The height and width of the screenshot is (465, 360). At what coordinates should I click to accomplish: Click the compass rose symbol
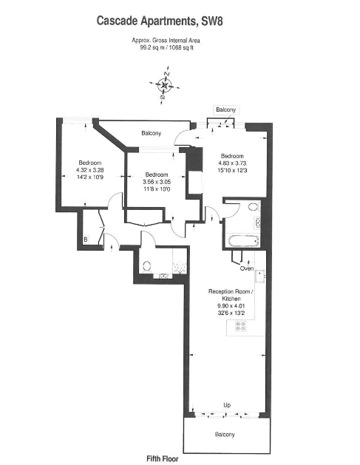coord(165,85)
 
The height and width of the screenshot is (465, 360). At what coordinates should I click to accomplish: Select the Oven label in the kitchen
coord(246,268)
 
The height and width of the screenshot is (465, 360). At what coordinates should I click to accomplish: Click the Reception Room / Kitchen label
coord(231,295)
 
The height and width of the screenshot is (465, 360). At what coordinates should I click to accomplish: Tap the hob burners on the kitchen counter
coord(240,326)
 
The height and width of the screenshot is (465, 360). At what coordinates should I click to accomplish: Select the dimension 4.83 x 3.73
coord(231,163)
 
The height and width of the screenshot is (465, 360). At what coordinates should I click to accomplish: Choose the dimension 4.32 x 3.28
coord(90,170)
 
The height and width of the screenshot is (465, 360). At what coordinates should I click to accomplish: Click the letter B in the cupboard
coord(86,240)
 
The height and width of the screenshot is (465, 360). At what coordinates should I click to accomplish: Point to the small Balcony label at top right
coord(225,110)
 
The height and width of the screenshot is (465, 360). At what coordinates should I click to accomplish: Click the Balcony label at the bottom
coord(225,434)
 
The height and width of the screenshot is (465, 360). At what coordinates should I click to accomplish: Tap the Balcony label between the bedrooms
coord(152,133)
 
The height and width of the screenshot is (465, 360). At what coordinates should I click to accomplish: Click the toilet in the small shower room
coord(146,266)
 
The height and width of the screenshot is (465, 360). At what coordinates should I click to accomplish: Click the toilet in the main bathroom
coord(253,207)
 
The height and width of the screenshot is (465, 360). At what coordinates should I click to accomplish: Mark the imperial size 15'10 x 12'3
coord(231,171)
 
